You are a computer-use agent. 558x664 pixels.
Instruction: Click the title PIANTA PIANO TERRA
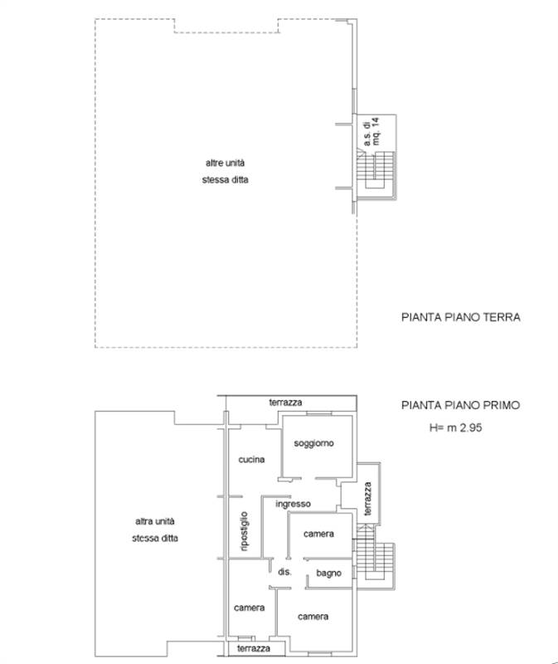pos(460,316)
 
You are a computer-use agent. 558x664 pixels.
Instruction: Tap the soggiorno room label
pos(314,443)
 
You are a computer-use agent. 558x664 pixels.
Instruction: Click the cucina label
pos(251,459)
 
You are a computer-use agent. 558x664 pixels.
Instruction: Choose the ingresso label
pos(293,503)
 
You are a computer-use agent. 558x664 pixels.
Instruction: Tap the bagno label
pos(329,574)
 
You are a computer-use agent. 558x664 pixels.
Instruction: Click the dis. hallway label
pos(284,573)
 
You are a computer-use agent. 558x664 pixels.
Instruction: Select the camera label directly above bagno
pos(318,534)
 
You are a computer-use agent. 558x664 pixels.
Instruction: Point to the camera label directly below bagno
pos(313,617)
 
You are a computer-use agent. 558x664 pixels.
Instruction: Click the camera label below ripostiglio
pos(249,608)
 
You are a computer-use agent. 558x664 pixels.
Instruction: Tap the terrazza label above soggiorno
pos(285,403)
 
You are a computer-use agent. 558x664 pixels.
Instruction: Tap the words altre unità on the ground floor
pos(226,164)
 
